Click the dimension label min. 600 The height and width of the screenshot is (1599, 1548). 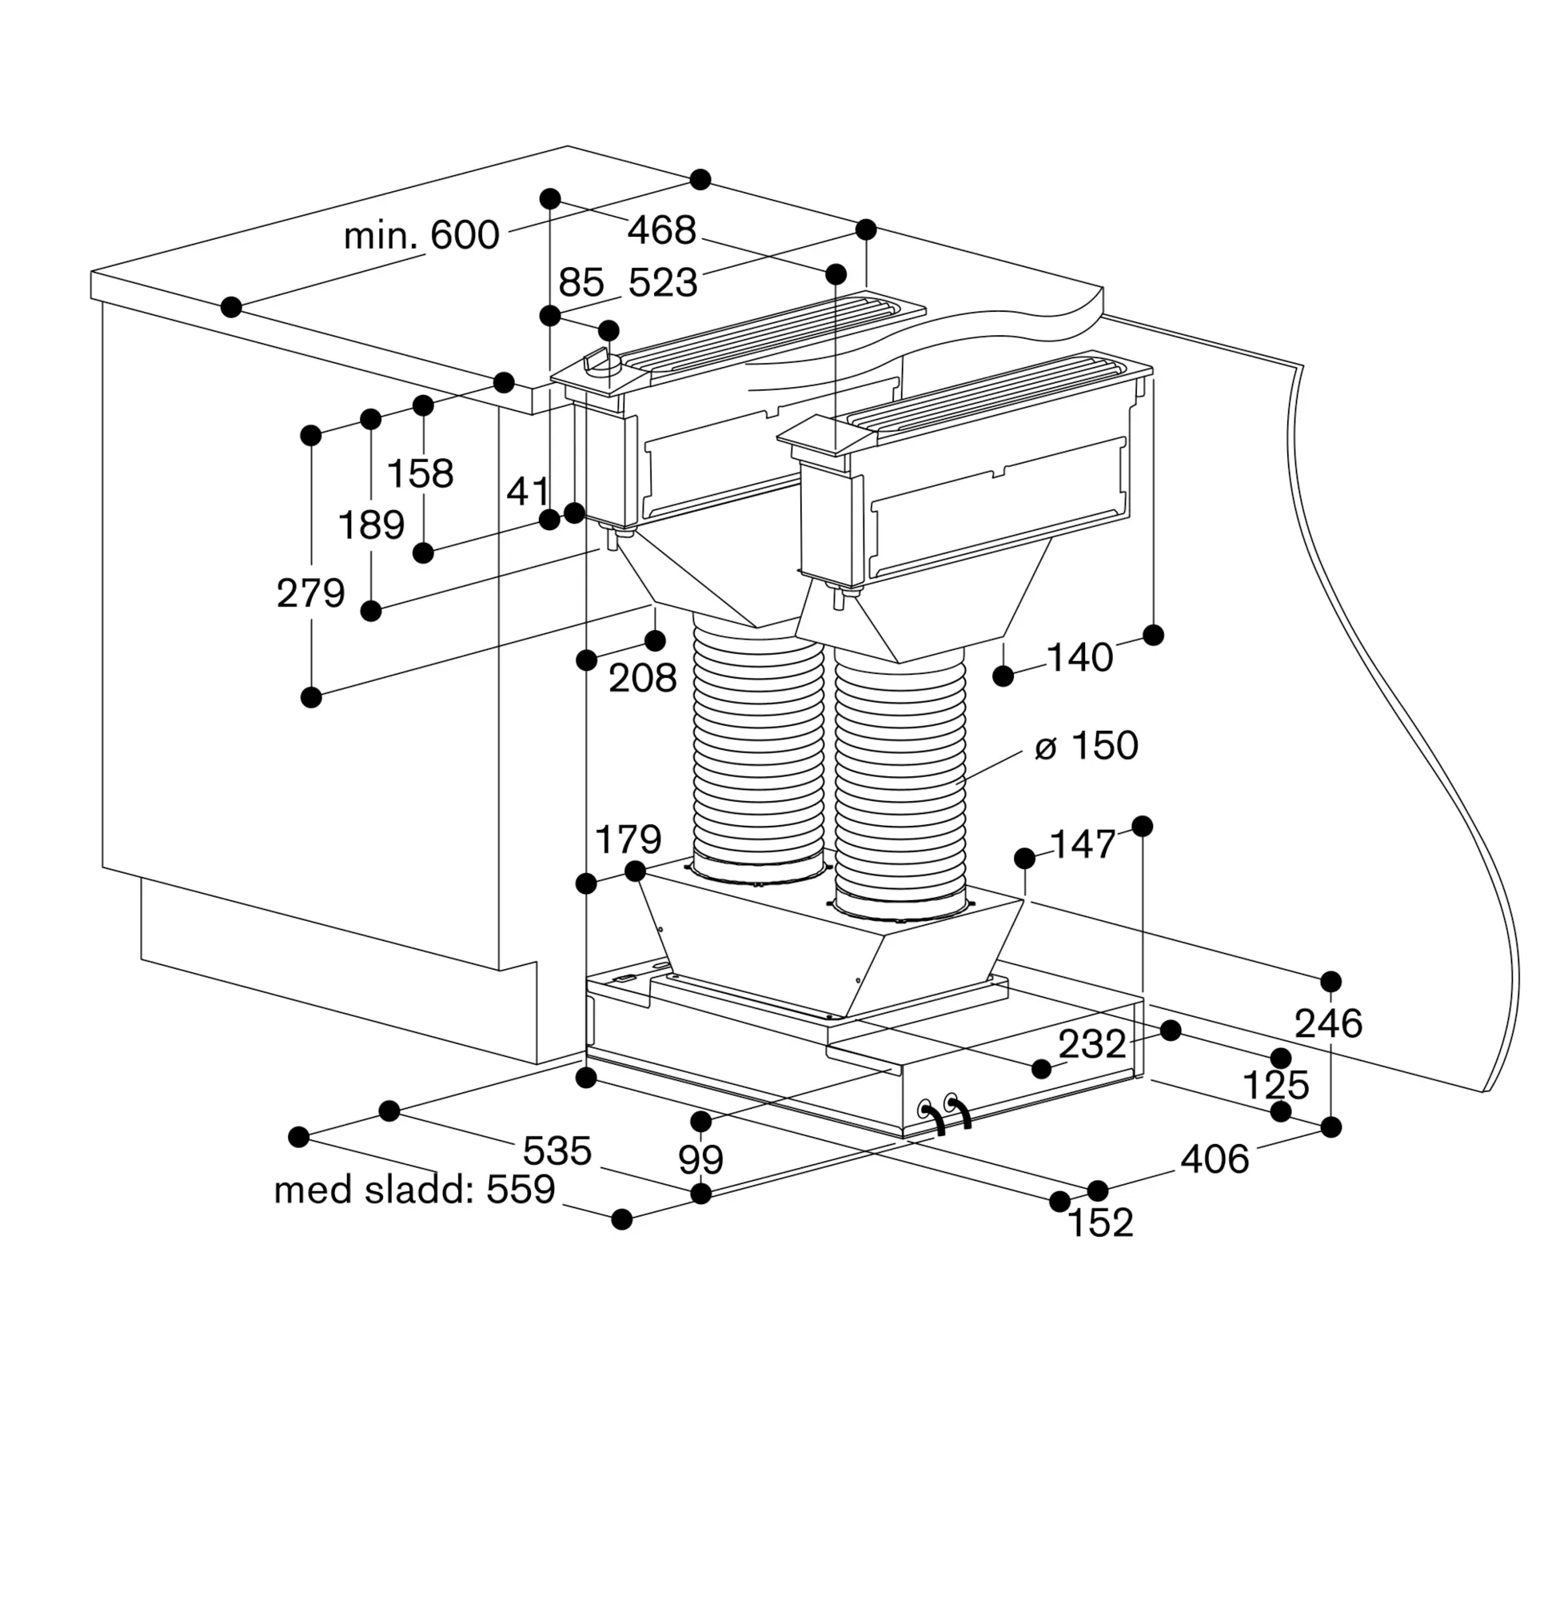[x=421, y=235]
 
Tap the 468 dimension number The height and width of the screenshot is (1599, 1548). [x=662, y=230]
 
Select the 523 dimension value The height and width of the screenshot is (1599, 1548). [x=663, y=282]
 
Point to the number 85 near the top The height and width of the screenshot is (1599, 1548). [x=581, y=282]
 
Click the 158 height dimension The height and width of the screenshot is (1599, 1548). [x=421, y=473]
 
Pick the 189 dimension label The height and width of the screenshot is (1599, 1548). [x=371, y=524]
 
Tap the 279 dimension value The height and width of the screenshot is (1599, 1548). [x=311, y=593]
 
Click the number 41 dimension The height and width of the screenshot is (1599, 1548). [x=528, y=492]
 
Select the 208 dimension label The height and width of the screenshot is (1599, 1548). [x=643, y=678]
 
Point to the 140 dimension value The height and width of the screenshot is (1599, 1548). [x=1079, y=657]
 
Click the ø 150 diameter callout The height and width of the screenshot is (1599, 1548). [x=1086, y=746]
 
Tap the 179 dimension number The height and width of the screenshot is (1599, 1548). [x=628, y=839]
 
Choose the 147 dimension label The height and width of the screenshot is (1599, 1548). [x=1083, y=844]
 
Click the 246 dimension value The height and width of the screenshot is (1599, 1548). [x=1328, y=1024]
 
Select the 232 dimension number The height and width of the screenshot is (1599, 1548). [x=1092, y=1043]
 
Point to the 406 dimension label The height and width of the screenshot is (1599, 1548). [x=1215, y=1159]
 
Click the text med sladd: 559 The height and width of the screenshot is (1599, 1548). [x=414, y=1190]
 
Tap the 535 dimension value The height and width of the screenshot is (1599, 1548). [x=557, y=1151]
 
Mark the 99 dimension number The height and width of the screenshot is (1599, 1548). [x=701, y=1159]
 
